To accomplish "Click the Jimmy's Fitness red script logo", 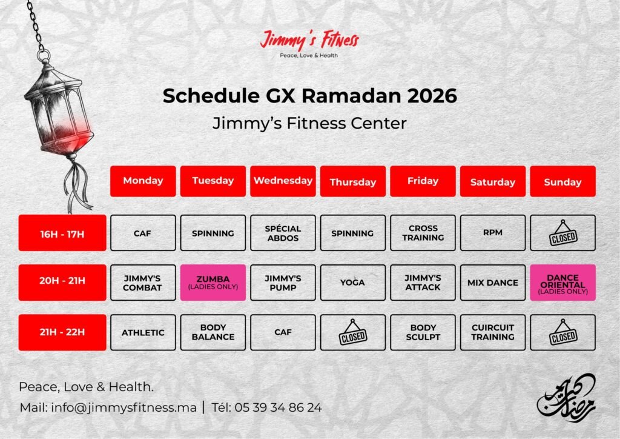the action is click(x=309, y=39).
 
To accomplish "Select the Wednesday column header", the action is click(x=283, y=181).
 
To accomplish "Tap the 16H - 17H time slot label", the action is click(x=62, y=233).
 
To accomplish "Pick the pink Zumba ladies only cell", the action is click(x=213, y=283).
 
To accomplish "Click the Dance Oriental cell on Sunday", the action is click(x=562, y=283).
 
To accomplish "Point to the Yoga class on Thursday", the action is click(x=353, y=283).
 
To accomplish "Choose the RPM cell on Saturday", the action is click(x=493, y=233).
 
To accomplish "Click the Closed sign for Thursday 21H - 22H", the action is click(x=353, y=333).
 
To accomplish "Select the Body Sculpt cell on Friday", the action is click(x=423, y=332).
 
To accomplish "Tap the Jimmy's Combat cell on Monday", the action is click(x=143, y=283).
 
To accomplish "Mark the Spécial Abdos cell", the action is click(x=283, y=233).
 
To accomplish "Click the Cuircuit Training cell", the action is click(x=493, y=332).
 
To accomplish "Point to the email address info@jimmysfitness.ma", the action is click(x=124, y=407).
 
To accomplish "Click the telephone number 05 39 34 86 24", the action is click(x=278, y=407).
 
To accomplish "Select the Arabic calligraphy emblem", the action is click(x=567, y=397).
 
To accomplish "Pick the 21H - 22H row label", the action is click(x=62, y=332).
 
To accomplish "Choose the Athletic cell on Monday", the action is click(x=143, y=332).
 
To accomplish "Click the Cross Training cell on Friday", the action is click(x=423, y=233).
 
